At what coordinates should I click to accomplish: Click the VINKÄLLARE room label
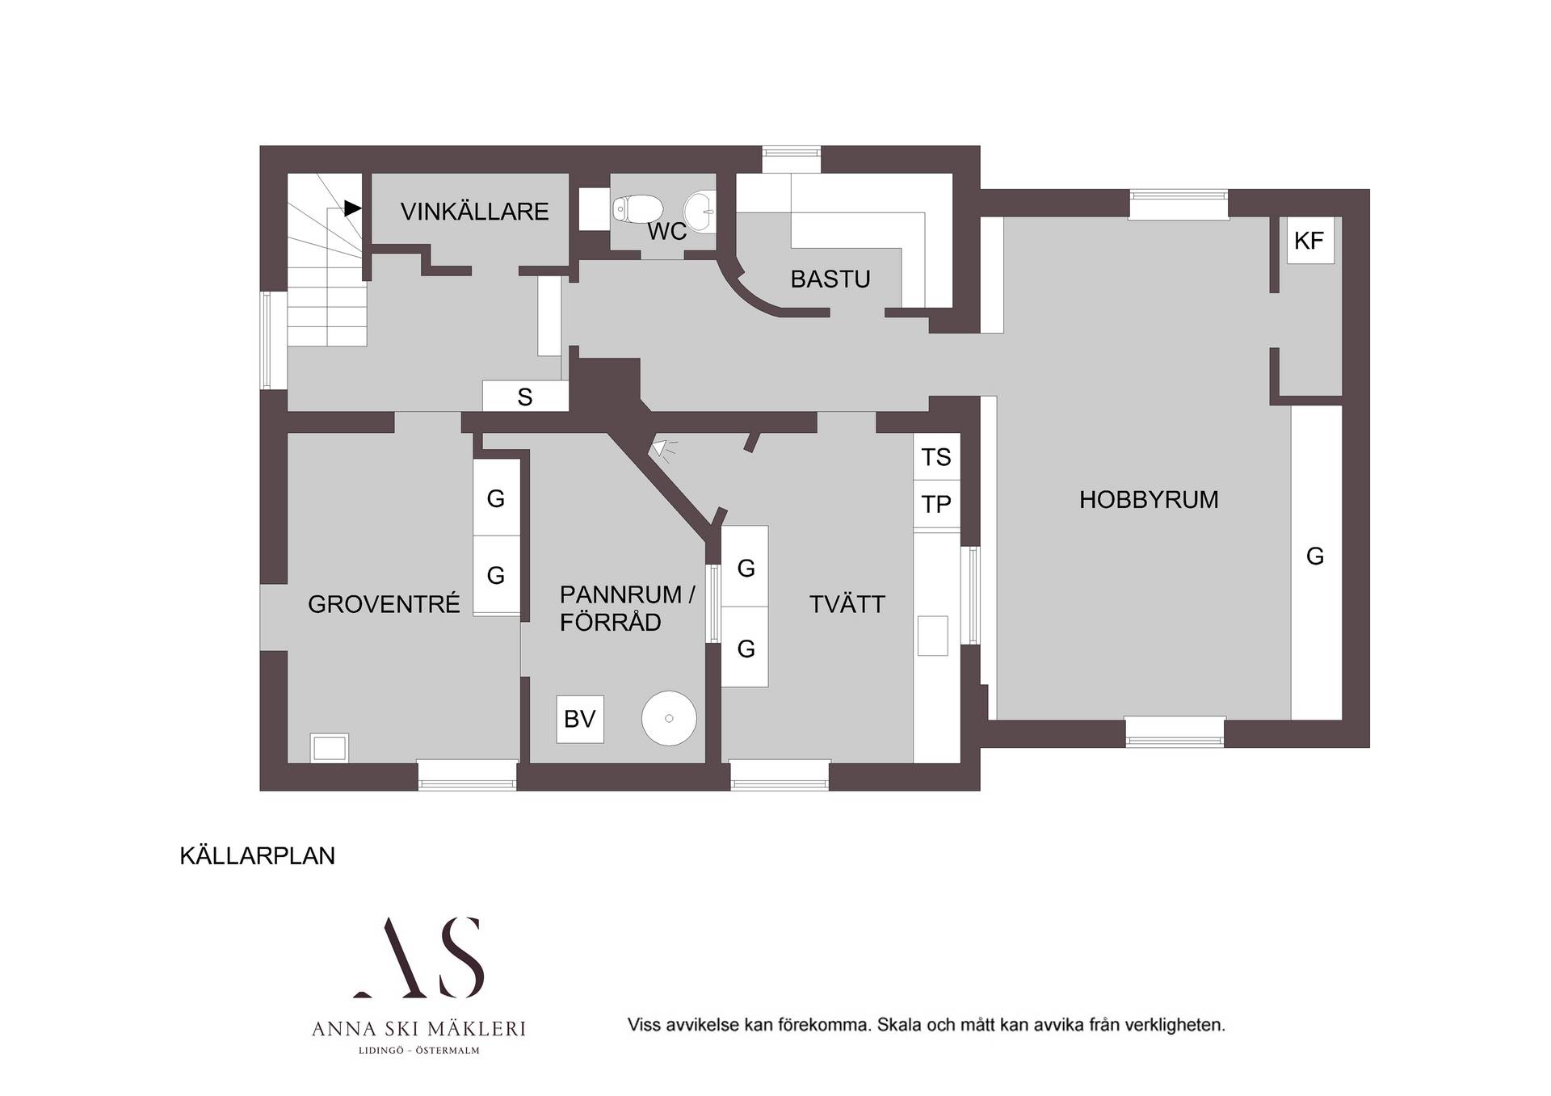(474, 212)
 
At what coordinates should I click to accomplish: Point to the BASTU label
(830, 279)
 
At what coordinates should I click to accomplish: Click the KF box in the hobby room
(1309, 240)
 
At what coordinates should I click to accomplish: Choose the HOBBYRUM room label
(1149, 500)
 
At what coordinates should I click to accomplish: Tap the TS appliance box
(936, 457)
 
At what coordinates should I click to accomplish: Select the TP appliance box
(936, 504)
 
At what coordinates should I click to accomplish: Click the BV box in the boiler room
(580, 719)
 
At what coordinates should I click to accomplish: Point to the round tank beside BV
(669, 718)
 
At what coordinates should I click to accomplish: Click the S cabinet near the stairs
(525, 397)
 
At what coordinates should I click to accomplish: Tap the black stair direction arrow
(353, 208)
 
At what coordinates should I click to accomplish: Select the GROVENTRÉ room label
(384, 604)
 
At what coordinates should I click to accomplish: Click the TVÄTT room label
(847, 604)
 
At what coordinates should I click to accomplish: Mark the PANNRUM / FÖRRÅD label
(627, 608)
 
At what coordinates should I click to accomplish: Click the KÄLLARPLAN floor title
(257, 856)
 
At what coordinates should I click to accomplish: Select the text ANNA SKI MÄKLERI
(418, 1029)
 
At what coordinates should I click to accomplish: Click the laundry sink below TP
(933, 636)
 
